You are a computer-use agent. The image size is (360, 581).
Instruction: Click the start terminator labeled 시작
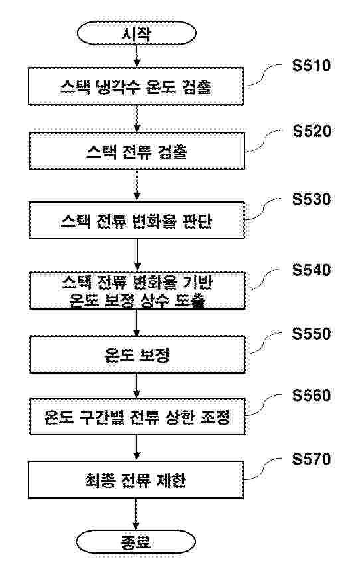pos(136,33)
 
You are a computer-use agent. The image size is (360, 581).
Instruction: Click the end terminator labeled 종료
pos(136,541)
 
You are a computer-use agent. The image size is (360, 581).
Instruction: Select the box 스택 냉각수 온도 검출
pos(136,87)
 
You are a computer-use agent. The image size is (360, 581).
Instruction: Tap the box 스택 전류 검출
pos(136,153)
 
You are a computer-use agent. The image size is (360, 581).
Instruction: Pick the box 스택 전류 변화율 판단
pos(136,222)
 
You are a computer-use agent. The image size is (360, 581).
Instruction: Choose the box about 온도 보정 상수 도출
pos(136,290)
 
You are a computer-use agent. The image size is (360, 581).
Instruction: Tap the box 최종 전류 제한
pos(136,481)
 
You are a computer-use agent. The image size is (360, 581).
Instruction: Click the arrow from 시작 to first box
pos(136,57)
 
